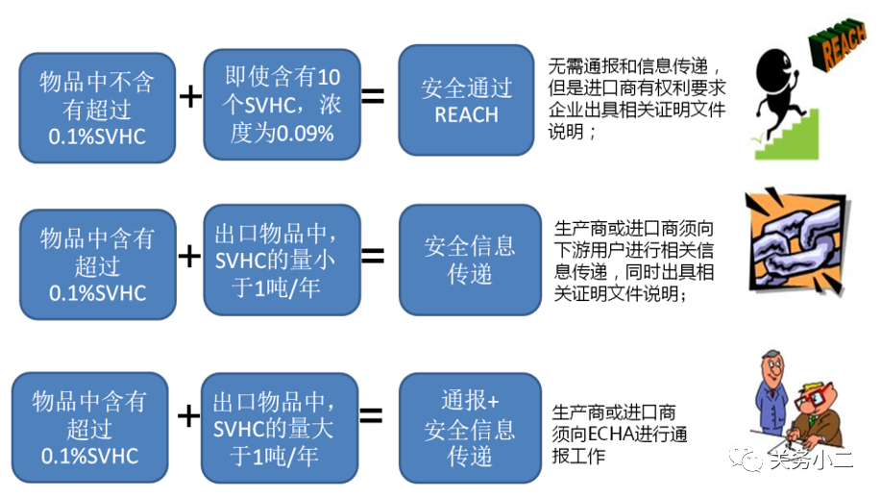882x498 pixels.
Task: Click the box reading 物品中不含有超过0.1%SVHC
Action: click(x=97, y=107)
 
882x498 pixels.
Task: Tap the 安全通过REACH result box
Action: click(x=466, y=101)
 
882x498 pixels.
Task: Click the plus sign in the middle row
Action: click(x=190, y=255)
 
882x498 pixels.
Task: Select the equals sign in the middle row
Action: click(x=372, y=255)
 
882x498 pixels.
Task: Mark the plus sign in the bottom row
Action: click(x=189, y=415)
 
